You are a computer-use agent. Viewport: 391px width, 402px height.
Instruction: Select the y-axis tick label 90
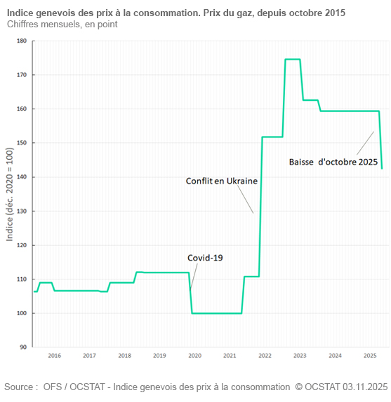click(x=22, y=347)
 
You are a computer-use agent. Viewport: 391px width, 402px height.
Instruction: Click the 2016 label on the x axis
click(x=54, y=356)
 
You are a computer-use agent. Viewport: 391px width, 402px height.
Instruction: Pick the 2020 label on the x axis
click(x=194, y=356)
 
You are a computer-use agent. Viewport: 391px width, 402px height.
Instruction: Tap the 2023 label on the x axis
click(x=300, y=356)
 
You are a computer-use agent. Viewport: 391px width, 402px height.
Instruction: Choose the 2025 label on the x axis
click(x=370, y=356)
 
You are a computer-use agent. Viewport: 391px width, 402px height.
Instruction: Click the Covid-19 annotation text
click(x=205, y=258)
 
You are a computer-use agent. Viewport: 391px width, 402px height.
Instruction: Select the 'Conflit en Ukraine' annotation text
click(x=221, y=181)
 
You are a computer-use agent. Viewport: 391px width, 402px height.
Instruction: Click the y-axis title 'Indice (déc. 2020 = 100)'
click(x=9, y=194)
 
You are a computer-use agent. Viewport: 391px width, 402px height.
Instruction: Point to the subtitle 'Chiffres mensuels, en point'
click(x=62, y=25)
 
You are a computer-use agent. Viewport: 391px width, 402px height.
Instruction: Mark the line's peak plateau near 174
click(x=293, y=60)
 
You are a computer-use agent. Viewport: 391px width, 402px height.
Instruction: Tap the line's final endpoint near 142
click(x=382, y=168)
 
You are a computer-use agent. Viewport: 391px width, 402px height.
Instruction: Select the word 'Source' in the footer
click(x=20, y=387)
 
